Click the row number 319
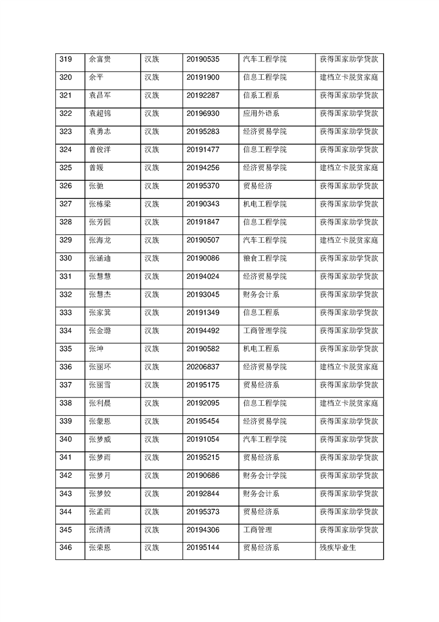click(x=65, y=59)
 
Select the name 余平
click(x=96, y=77)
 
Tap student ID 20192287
click(x=203, y=95)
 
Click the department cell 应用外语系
click(x=261, y=114)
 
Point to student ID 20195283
click(x=203, y=131)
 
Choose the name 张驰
click(x=96, y=186)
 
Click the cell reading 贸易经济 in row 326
click(x=257, y=186)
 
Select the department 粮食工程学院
click(x=265, y=258)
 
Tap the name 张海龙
click(x=100, y=240)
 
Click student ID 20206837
click(x=203, y=367)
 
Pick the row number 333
click(x=65, y=313)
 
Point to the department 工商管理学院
click(x=265, y=331)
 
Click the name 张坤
click(x=96, y=349)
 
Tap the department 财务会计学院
click(x=265, y=476)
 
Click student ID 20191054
click(x=203, y=440)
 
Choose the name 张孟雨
click(x=100, y=512)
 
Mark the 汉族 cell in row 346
click(x=152, y=548)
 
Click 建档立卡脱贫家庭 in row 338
click(x=349, y=403)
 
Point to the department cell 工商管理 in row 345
click(x=257, y=530)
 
